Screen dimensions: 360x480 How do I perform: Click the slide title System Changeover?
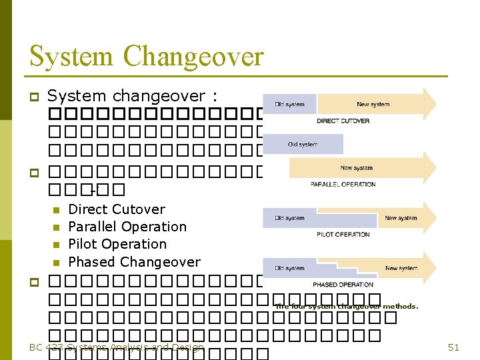tap(147, 56)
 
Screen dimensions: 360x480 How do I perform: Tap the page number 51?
tap(454, 347)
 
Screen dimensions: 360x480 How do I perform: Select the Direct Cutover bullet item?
tap(117, 209)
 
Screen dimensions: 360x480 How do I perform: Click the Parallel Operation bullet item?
tap(127, 227)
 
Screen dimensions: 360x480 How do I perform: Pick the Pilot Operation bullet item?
tap(117, 244)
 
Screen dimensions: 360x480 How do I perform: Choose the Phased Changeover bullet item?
tap(134, 261)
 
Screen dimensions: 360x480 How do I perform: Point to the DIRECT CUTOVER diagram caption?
tap(343, 121)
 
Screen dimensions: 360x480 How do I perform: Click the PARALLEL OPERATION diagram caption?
tap(343, 184)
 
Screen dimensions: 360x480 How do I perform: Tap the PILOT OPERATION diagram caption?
tap(343, 234)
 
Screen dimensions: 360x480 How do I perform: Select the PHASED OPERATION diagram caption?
tap(343, 285)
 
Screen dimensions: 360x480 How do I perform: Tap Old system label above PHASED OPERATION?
tap(289, 268)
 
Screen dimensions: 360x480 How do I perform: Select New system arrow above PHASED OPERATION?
tap(402, 268)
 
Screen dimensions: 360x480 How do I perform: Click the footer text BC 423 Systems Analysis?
tap(117, 347)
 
